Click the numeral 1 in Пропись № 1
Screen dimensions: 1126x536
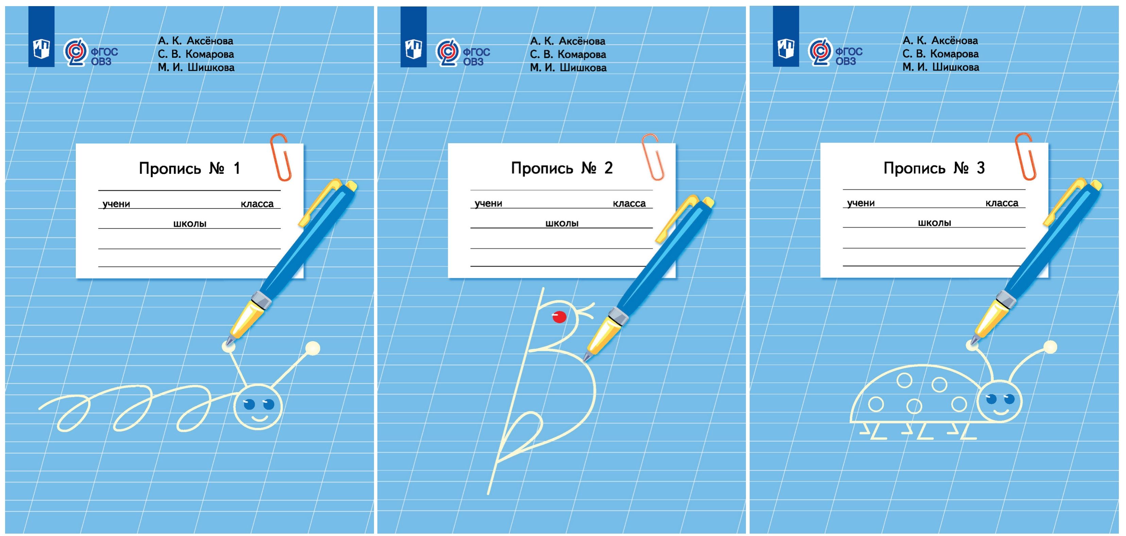pyautogui.click(x=237, y=168)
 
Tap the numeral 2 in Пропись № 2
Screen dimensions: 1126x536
pyautogui.click(x=609, y=168)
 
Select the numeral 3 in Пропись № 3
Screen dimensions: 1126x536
pyautogui.click(x=980, y=168)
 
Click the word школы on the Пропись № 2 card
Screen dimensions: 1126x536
pyautogui.click(x=562, y=223)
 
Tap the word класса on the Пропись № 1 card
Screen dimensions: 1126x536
pyautogui.click(x=257, y=204)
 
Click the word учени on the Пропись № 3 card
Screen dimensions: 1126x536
pyautogui.click(x=861, y=203)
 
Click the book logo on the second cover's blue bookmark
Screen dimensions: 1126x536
pyautogui.click(x=413, y=49)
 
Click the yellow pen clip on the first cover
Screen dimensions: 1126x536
pyautogui.click(x=321, y=201)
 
